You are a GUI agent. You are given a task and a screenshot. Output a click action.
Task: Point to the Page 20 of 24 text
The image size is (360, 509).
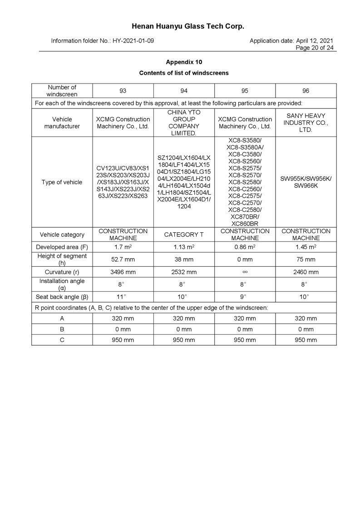[315, 48]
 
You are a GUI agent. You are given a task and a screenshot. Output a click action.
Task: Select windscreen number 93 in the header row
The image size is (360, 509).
[123, 91]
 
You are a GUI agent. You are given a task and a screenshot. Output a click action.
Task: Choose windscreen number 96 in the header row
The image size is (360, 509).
[306, 91]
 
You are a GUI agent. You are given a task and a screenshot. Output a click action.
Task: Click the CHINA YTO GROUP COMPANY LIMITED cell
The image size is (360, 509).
[184, 122]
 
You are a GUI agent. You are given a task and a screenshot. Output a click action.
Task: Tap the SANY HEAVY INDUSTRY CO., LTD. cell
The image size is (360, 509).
[306, 122]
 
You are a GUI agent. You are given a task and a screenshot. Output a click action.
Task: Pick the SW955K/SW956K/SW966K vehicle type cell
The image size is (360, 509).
[306, 182]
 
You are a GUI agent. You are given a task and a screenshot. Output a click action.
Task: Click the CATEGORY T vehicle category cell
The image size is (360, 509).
[184, 235]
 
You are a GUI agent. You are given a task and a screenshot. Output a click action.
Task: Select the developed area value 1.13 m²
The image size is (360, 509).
[184, 247]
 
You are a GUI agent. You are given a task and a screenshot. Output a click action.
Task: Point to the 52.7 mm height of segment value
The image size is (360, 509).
[123, 259]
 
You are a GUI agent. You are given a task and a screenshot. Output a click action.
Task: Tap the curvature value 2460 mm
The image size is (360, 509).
[306, 272]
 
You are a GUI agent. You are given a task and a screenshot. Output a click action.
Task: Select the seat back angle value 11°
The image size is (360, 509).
[123, 297]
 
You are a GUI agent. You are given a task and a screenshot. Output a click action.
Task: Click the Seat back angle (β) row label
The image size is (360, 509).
[62, 297]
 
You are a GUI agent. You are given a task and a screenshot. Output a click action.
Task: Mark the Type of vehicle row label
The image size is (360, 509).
[62, 182]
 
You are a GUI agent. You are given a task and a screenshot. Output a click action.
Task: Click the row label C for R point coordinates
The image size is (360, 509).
[62, 340]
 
